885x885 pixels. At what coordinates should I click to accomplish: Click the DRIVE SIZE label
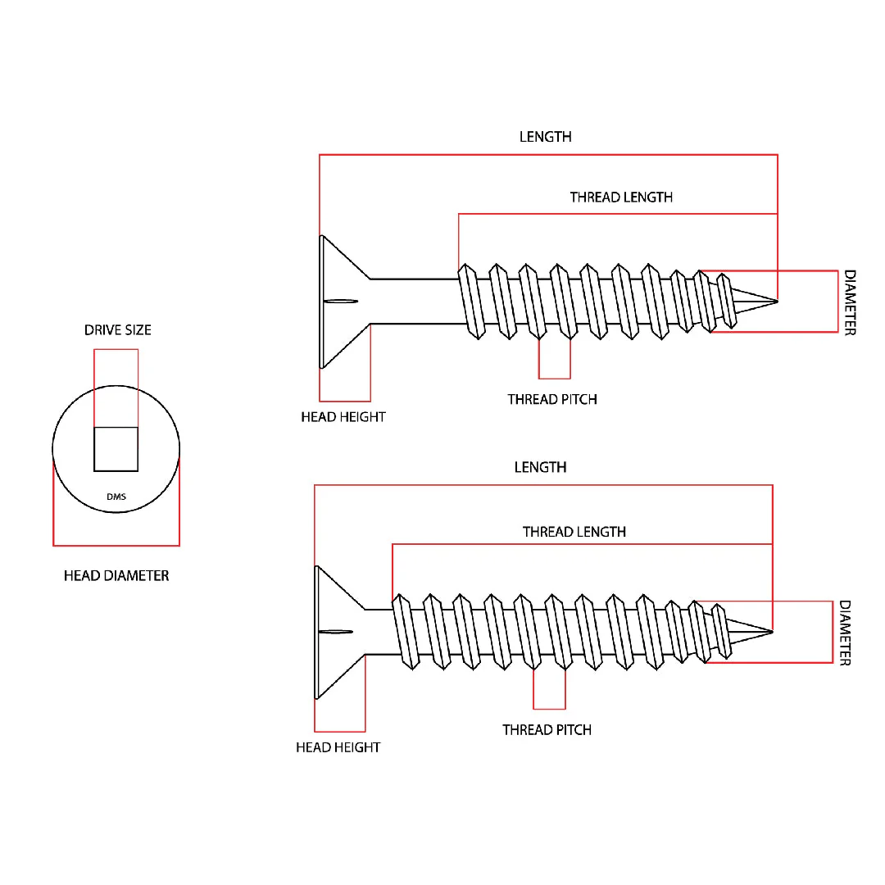point(117,330)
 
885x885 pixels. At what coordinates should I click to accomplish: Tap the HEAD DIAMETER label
point(116,576)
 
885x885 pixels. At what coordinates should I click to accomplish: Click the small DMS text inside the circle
point(116,497)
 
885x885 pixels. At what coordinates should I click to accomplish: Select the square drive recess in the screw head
point(116,449)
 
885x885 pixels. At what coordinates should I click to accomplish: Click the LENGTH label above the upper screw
point(545,137)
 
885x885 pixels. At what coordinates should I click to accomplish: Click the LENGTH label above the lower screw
point(540,467)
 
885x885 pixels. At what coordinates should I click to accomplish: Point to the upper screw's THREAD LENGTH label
point(621,197)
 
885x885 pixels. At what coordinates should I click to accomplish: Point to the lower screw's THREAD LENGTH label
point(574,532)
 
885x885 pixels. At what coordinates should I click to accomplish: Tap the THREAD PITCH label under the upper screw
point(551,400)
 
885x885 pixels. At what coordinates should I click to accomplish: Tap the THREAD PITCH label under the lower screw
point(547,730)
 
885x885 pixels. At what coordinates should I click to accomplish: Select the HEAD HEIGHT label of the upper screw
point(343,417)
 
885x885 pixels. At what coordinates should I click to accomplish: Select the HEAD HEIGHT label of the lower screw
point(338,747)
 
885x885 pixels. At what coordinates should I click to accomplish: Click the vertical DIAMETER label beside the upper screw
point(850,302)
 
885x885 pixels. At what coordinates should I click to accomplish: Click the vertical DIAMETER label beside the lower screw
point(844,633)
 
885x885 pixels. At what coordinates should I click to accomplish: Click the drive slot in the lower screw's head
point(336,632)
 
